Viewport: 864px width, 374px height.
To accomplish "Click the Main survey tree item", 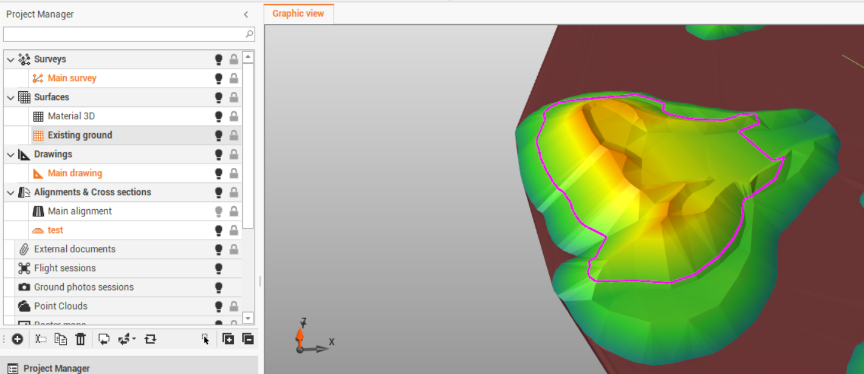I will tap(72, 78).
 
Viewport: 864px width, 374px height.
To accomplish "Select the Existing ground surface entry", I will tap(80, 135).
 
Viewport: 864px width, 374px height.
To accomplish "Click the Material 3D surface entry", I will tap(71, 116).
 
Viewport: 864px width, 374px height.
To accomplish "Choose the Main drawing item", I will tap(75, 173).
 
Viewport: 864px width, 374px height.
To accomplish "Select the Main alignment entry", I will tap(80, 211).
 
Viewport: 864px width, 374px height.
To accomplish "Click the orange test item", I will tap(55, 230).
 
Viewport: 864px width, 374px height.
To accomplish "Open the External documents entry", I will tap(74, 249).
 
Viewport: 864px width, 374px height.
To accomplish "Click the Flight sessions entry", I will tap(64, 268).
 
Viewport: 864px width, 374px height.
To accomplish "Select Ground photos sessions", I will tap(83, 287).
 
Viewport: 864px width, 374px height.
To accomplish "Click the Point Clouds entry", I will tap(60, 306).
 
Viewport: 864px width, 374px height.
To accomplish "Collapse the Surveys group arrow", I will tap(10, 60).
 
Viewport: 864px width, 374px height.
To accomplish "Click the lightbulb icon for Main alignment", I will tap(219, 212).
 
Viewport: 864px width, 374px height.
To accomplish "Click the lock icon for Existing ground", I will tap(233, 136).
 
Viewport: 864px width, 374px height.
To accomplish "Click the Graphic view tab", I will tap(298, 13).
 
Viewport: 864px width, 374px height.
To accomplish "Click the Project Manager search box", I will tap(125, 34).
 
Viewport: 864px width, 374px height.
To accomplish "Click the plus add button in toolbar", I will tap(17, 339).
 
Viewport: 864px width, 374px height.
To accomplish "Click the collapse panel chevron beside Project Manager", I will tap(246, 15).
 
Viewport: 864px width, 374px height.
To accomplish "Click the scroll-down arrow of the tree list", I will tap(248, 318).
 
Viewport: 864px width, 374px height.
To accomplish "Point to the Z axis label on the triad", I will tap(303, 321).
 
